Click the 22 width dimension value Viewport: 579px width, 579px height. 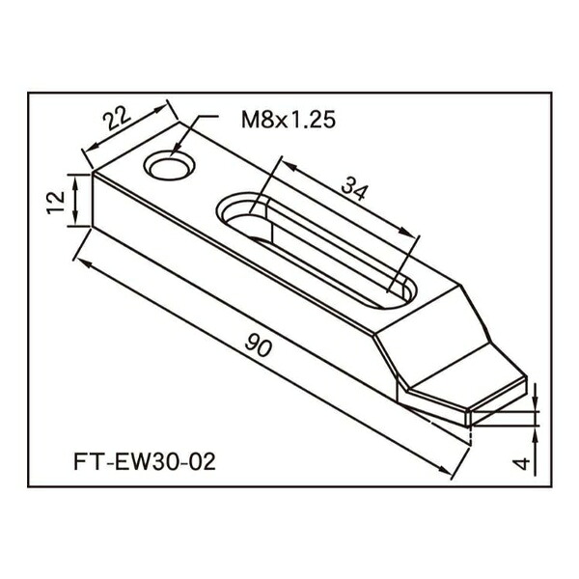pyautogui.click(x=117, y=118)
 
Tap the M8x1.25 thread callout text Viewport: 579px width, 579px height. pyautogui.click(x=289, y=120)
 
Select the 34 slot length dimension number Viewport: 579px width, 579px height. pyautogui.click(x=355, y=188)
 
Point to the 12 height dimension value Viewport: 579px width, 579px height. pyautogui.click(x=57, y=203)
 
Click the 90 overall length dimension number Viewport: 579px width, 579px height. pyautogui.click(x=259, y=345)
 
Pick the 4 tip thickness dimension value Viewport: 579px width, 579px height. pyautogui.click(x=522, y=463)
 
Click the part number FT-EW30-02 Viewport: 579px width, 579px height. pyautogui.click(x=145, y=461)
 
